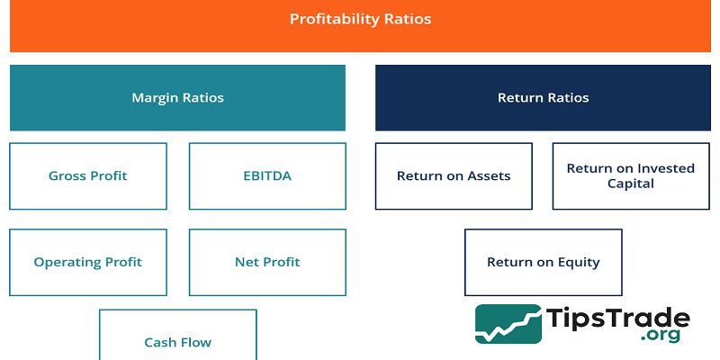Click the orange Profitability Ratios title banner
tap(360, 25)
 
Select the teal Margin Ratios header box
tap(177, 97)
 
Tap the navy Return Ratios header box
tap(543, 97)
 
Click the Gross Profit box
tap(88, 176)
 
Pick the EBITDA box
tap(267, 176)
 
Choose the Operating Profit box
tap(88, 262)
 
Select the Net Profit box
tap(267, 262)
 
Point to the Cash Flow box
tap(178, 335)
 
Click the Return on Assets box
tap(454, 176)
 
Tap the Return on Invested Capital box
tap(631, 176)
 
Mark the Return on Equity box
tap(543, 262)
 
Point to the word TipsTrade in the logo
tap(618, 319)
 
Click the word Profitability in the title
tap(330, 19)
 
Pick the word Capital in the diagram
tap(631, 184)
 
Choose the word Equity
tap(579, 262)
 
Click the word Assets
tap(489, 176)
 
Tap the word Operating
tap(66, 262)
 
